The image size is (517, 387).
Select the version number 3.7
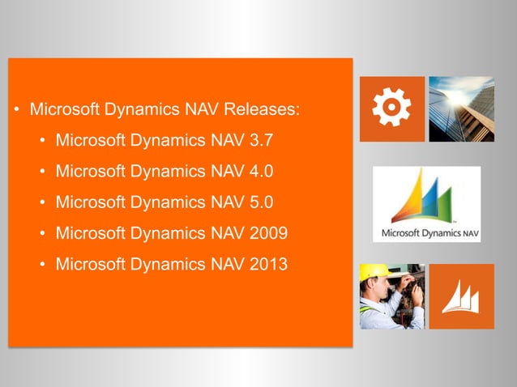click(262, 141)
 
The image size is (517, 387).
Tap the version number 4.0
click(262, 172)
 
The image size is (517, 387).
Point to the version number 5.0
click(262, 202)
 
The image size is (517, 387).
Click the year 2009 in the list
click(268, 233)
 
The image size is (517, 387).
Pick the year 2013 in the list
click(268, 264)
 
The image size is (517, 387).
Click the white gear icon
click(391, 108)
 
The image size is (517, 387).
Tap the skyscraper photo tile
click(461, 108)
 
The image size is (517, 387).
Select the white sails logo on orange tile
click(460, 297)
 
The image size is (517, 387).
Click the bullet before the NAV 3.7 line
click(42, 142)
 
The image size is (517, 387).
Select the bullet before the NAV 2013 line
click(42, 265)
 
